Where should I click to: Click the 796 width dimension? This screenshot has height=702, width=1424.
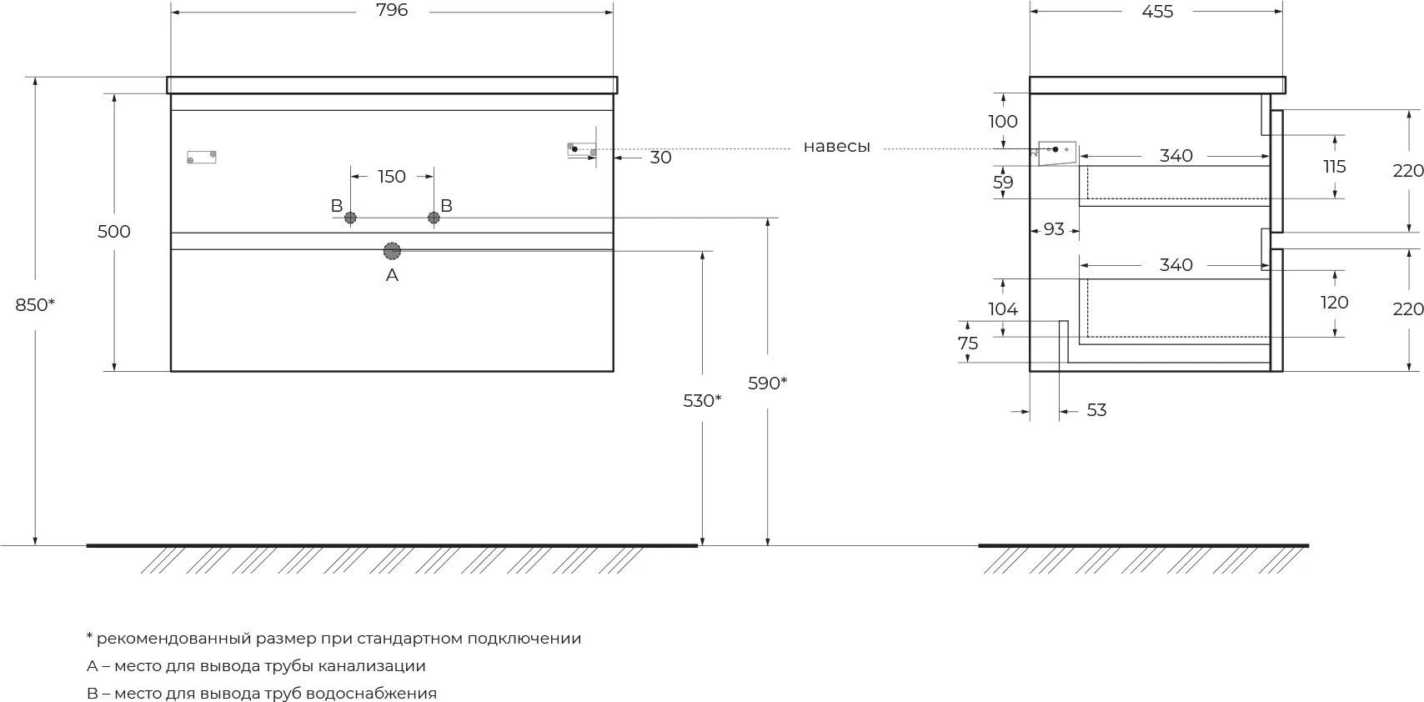click(x=392, y=11)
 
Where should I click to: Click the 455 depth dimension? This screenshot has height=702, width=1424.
click(x=1156, y=11)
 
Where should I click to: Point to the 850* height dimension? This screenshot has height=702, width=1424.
click(x=35, y=305)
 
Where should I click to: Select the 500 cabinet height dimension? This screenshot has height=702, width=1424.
click(x=114, y=232)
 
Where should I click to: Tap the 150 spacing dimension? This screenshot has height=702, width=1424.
click(x=391, y=177)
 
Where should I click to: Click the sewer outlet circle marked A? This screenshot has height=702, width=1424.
click(x=392, y=250)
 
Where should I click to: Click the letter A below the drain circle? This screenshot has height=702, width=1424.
click(x=392, y=275)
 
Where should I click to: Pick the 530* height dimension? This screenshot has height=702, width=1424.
click(x=702, y=401)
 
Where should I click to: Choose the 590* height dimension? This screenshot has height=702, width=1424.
click(x=767, y=384)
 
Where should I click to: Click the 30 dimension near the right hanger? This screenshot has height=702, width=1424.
click(x=660, y=158)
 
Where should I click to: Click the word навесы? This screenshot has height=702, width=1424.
click(x=836, y=148)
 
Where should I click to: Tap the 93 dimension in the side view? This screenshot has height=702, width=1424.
click(x=1054, y=228)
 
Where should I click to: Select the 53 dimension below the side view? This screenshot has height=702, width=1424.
click(x=1096, y=410)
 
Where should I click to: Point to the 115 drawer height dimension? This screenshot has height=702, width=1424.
click(x=1334, y=167)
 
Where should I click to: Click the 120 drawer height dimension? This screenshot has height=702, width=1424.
click(x=1334, y=303)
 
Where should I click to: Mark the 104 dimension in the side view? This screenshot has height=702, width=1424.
click(x=1003, y=309)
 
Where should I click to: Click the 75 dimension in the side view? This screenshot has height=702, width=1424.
click(x=968, y=343)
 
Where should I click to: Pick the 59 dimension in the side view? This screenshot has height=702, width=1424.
click(x=1003, y=183)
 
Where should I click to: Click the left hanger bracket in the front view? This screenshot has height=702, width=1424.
click(x=202, y=156)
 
